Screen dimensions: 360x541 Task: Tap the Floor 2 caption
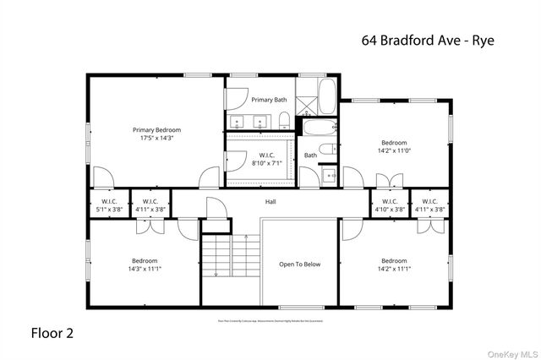click(52, 333)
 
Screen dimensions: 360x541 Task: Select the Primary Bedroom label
click(156, 130)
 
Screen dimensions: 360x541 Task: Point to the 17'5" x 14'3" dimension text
click(156, 138)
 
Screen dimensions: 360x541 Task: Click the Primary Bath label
click(269, 100)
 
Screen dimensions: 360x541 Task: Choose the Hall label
click(270, 202)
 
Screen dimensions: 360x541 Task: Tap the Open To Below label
click(300, 265)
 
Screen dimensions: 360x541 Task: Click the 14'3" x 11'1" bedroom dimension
click(145, 269)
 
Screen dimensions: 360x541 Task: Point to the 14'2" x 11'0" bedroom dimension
click(394, 150)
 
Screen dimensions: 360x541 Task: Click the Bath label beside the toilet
click(310, 155)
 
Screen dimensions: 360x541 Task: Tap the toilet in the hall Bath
click(335, 149)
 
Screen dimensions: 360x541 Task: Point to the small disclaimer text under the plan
click(270, 320)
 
